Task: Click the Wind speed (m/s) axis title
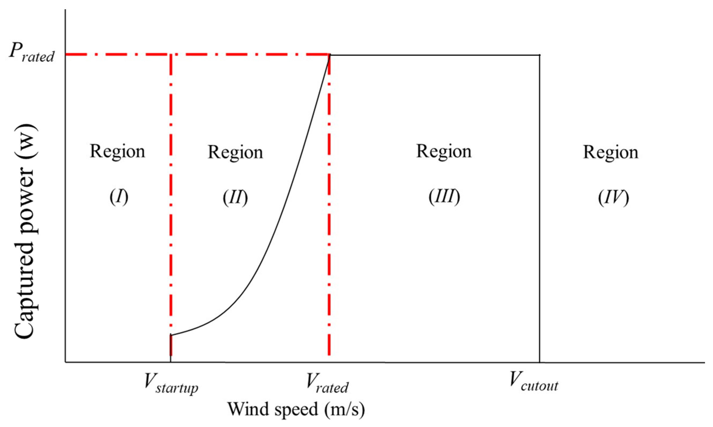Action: (296, 409)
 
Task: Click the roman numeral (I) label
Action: (119, 197)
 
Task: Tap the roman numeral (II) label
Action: (235, 197)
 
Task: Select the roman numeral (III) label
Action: (444, 197)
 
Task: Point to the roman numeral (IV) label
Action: (613, 197)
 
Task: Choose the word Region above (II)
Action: (235, 152)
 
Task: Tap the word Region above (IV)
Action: (611, 152)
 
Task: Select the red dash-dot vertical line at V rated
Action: (329, 209)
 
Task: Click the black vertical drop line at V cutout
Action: (539, 209)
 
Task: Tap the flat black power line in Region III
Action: (433, 55)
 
